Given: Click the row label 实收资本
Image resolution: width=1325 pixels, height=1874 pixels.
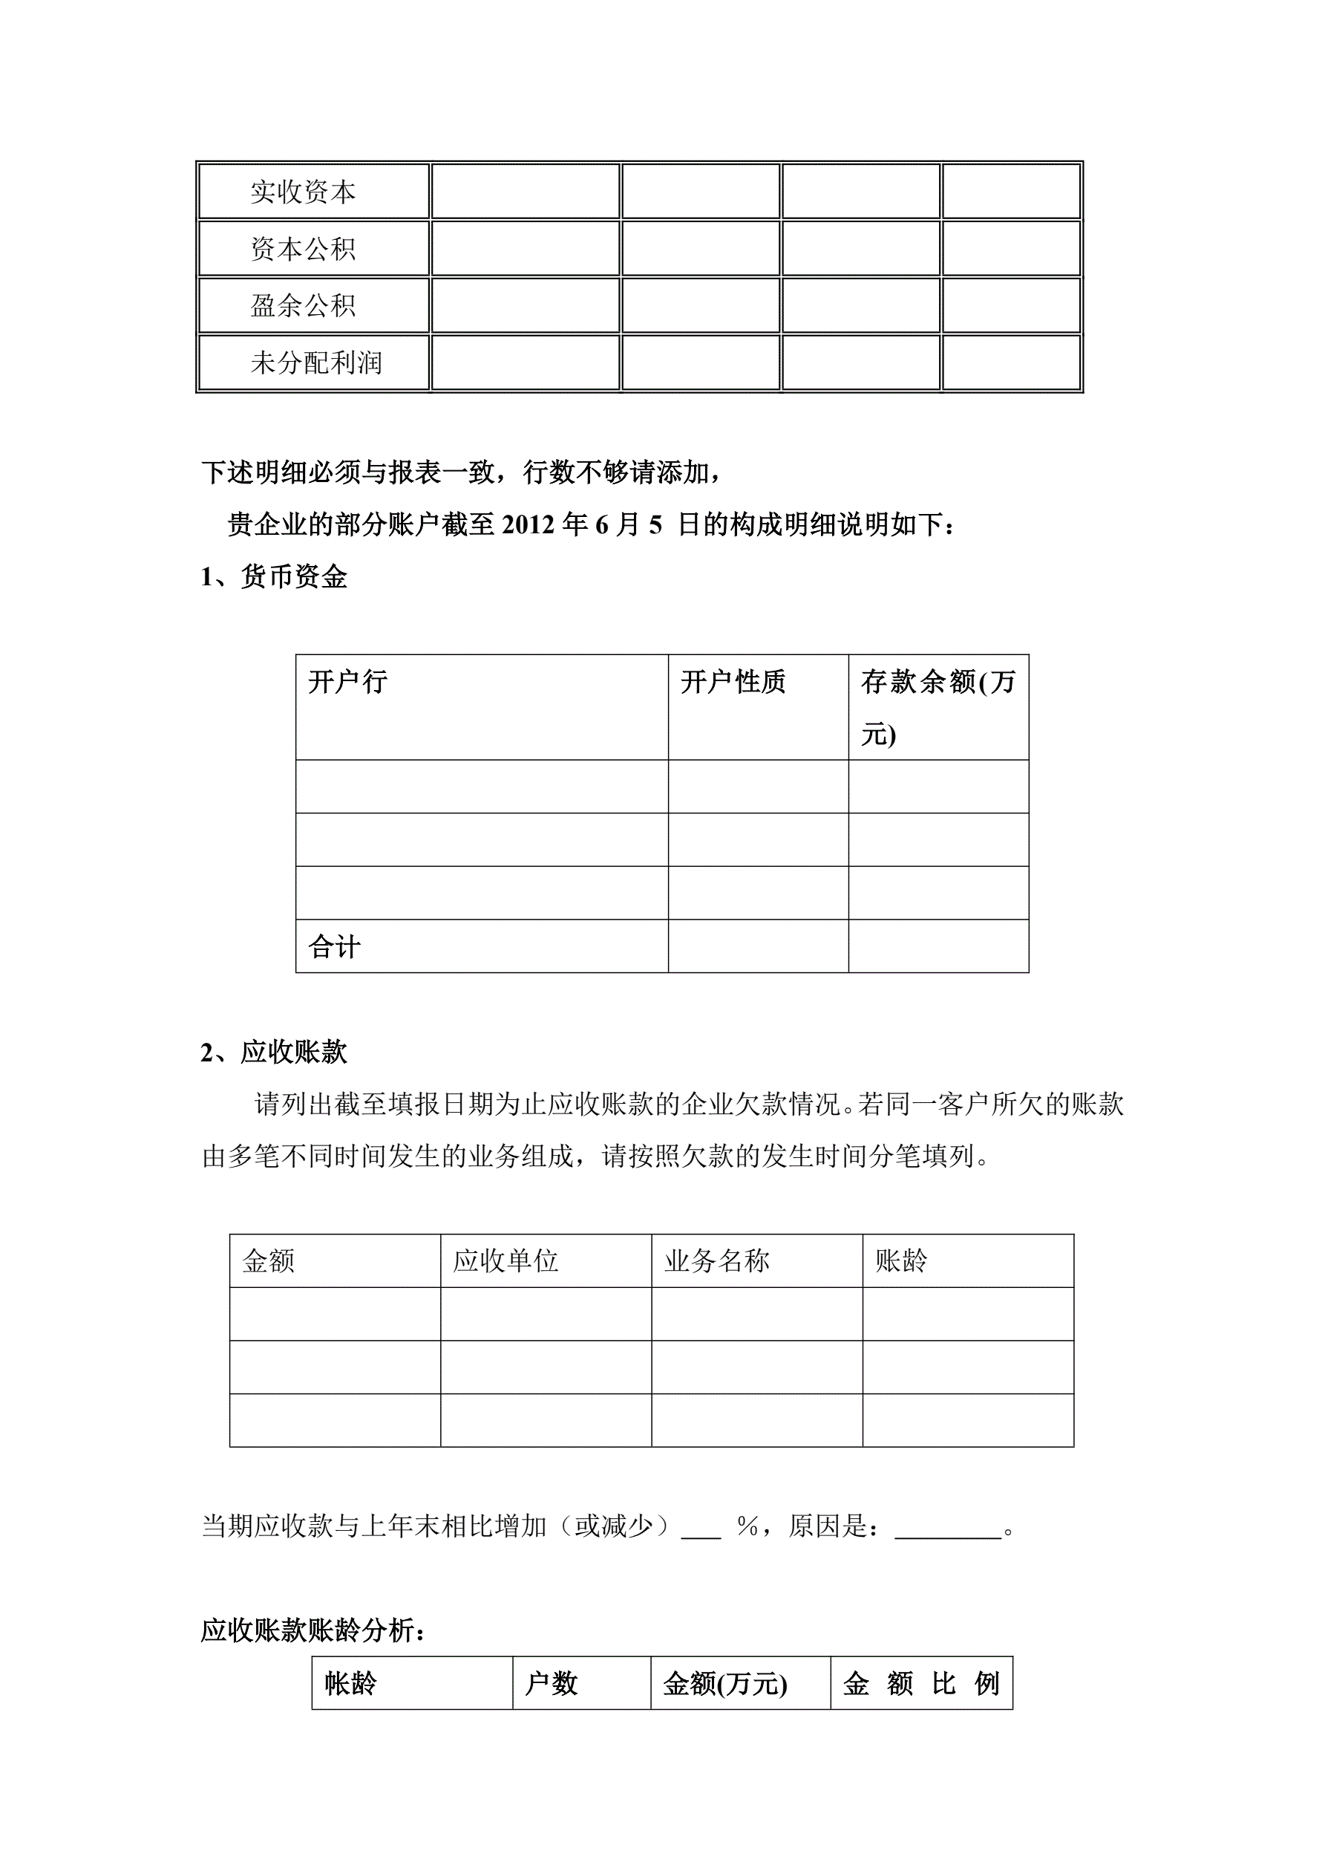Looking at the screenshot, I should point(303,192).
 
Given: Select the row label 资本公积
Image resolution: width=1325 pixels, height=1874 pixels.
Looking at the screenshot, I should point(303,249).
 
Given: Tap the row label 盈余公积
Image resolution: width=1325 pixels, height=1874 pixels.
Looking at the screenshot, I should point(303,306).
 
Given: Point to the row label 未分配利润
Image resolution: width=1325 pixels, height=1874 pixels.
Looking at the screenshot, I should point(315,362).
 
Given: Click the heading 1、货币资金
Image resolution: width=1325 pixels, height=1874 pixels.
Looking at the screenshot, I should point(274,577).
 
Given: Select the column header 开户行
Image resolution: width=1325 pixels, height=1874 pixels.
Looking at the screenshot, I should point(347,682).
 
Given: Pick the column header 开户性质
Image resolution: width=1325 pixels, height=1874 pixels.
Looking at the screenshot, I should point(733,682).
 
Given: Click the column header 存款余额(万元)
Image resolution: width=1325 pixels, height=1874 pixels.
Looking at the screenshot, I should point(938,707).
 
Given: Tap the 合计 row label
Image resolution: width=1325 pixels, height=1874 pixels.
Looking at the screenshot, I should point(335,947).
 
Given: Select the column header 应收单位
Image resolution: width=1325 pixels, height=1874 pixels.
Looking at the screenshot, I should point(506,1261).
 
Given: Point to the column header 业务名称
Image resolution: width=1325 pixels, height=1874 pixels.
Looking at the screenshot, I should point(716,1261).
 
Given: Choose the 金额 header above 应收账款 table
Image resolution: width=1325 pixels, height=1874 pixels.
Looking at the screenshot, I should point(269,1261).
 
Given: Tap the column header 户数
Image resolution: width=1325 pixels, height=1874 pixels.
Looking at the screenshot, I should point(551,1683).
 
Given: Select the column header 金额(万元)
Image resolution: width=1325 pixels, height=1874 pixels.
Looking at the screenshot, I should point(724,1683).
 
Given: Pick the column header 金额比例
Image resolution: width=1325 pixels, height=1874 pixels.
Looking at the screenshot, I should point(921,1683).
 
